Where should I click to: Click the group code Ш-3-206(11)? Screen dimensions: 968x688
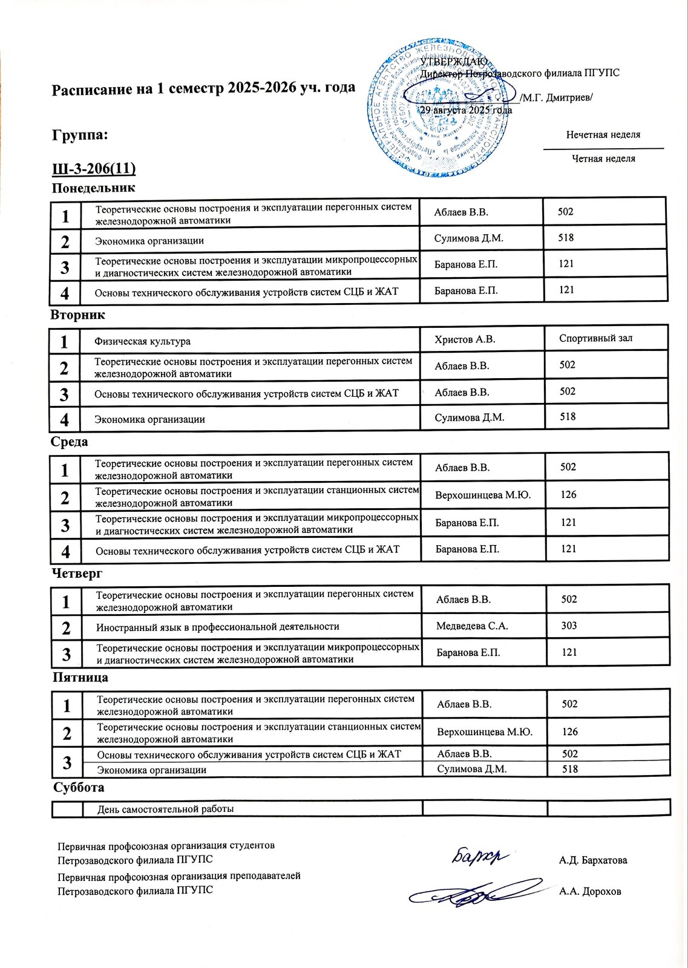pyautogui.click(x=94, y=168)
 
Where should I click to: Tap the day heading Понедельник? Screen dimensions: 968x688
pyautogui.click(x=93, y=188)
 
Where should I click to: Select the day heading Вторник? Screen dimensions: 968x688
pyautogui.click(x=77, y=315)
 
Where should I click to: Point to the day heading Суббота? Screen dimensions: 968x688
pyautogui.click(x=79, y=788)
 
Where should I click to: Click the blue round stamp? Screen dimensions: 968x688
pyautogui.click(x=437, y=109)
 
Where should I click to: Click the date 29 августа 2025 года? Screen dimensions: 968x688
pyautogui.click(x=466, y=110)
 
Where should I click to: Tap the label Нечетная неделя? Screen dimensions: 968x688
pyautogui.click(x=603, y=135)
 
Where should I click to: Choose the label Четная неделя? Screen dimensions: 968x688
pyautogui.click(x=603, y=159)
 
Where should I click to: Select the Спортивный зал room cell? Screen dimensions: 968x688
pyautogui.click(x=595, y=338)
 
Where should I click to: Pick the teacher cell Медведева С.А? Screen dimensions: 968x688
pyautogui.click(x=472, y=626)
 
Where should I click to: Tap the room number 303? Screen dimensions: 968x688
pyautogui.click(x=569, y=626)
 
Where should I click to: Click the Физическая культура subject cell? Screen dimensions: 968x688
pyautogui.click(x=142, y=341)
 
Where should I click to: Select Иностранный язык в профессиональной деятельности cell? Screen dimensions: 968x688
pyautogui.click(x=217, y=627)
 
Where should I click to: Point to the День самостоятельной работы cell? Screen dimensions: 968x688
pyautogui.click(x=165, y=809)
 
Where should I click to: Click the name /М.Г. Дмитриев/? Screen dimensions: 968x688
pyautogui.click(x=556, y=98)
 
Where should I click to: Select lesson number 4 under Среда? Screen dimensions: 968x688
pyautogui.click(x=65, y=552)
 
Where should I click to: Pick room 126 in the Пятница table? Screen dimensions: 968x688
pyautogui.click(x=570, y=732)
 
